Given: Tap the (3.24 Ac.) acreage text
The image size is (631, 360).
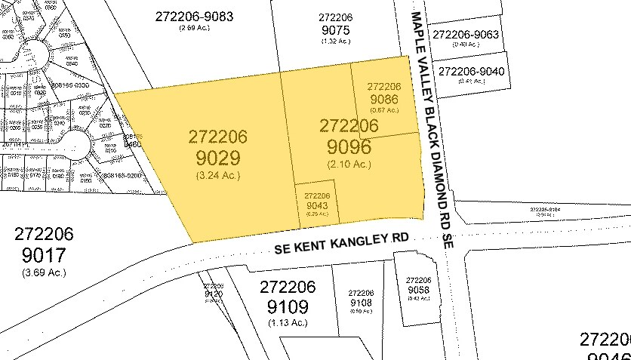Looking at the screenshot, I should [217, 181].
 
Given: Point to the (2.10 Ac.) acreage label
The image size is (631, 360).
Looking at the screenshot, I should [349, 164].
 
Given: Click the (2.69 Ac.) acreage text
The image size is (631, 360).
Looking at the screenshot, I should [193, 28].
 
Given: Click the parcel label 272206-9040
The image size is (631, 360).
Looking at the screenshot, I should [472, 71].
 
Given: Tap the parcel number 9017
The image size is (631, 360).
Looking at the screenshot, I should [45, 254].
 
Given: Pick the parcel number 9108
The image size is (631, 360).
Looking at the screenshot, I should [362, 303].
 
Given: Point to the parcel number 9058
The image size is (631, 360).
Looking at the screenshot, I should [418, 289].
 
